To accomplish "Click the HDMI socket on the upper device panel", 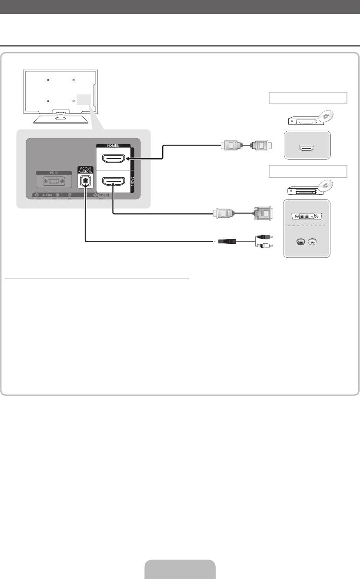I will pyautogui.click(x=307, y=148).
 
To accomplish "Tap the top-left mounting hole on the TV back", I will pyautogui.click(x=48, y=80).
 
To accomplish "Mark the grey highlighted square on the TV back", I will pyautogui.click(x=85, y=100).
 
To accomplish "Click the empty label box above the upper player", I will pyautogui.click(x=307, y=98).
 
